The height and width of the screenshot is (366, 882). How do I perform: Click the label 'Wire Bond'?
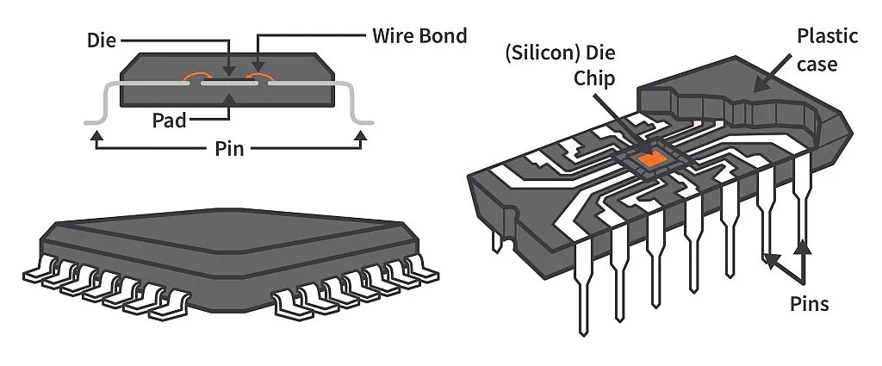(419, 36)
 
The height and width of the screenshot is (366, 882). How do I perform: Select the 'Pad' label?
(169, 120)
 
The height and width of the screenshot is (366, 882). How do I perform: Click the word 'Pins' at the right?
(809, 303)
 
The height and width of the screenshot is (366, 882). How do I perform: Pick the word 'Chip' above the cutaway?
(596, 79)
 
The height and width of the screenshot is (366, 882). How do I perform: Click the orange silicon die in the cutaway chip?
(652, 158)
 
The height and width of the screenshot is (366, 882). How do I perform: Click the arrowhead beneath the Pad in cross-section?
(228, 101)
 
